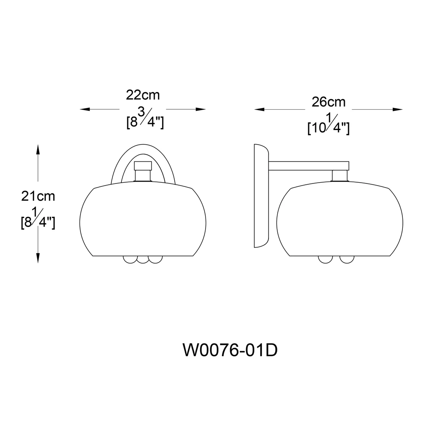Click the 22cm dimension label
click(143, 95)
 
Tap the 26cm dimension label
click(329, 102)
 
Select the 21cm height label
click(38, 196)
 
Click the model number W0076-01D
click(230, 350)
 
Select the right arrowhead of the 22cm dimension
click(201, 109)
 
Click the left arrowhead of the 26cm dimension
click(259, 110)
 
